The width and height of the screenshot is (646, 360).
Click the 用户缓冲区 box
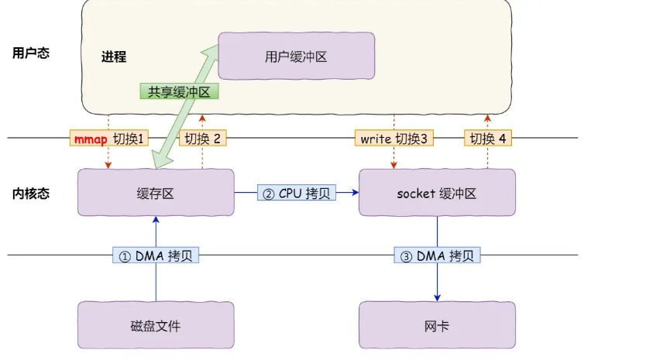[x=296, y=56]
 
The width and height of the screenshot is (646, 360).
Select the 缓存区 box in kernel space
[x=156, y=193]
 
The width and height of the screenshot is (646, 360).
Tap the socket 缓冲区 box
[x=437, y=193]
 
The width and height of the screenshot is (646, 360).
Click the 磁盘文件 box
[x=156, y=326]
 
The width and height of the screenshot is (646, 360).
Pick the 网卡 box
[x=437, y=326]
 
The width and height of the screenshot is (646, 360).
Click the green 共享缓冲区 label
[x=180, y=91]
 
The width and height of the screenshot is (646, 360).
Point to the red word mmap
[x=91, y=139]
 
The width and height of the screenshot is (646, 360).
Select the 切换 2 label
[x=202, y=139]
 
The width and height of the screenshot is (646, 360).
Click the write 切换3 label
[x=393, y=139]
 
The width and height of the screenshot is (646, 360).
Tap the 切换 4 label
[x=487, y=139]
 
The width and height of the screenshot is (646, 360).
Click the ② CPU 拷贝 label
[x=297, y=194]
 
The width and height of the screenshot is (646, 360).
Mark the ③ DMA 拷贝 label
[x=436, y=255]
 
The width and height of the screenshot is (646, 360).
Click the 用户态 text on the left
[x=31, y=53]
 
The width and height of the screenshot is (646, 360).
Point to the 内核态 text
[x=31, y=194]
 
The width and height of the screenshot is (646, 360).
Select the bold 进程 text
[x=113, y=57]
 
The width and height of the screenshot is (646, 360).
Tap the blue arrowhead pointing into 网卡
[x=437, y=297]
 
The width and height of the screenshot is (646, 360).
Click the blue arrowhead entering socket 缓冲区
[x=355, y=194]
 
